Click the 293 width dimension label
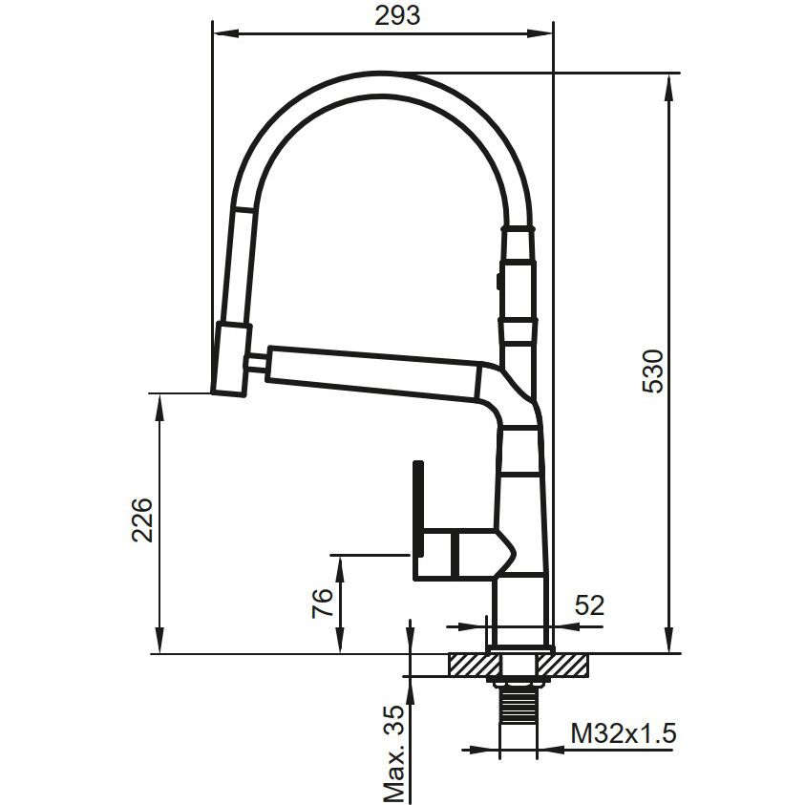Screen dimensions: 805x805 (397, 15)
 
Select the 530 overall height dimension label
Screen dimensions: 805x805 (653, 371)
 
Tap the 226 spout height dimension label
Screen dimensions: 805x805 (142, 519)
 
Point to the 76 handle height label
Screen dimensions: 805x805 (323, 604)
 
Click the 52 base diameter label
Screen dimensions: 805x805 (589, 605)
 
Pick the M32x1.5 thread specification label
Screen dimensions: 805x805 (624, 733)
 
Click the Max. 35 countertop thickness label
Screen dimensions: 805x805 (394, 753)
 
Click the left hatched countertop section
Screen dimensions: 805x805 (474, 665)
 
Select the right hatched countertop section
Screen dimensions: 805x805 (563, 665)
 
